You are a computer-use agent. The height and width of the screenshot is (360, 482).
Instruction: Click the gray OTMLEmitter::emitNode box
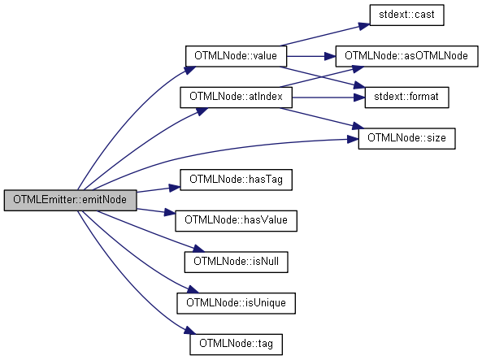70,200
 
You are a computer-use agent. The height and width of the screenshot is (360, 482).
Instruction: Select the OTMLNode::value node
236,56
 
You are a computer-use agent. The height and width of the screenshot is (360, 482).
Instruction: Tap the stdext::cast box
406,15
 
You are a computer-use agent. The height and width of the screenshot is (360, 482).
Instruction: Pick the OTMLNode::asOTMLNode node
406,56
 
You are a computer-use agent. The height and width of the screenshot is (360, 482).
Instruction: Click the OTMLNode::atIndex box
236,98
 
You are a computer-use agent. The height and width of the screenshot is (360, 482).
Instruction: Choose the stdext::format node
406,98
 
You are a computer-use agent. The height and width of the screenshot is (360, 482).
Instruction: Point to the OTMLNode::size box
406,138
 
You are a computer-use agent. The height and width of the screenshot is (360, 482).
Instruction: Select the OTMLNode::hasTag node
236,180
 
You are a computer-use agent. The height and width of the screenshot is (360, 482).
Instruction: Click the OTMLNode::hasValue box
236,221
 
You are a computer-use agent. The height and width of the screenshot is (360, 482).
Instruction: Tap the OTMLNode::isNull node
236,262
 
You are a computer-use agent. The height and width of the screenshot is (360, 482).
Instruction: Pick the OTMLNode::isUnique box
236,303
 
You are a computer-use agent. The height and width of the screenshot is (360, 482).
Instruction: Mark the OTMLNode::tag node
236,345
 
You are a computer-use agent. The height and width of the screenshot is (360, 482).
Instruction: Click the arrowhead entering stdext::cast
365,26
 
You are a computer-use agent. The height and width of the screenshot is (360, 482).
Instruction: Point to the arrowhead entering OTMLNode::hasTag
175,187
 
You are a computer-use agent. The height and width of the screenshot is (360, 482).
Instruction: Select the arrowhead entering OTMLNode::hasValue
170,212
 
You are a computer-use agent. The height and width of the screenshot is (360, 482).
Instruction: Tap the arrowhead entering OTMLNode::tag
190,331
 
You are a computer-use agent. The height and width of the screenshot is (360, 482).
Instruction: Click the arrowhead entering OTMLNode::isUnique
193,289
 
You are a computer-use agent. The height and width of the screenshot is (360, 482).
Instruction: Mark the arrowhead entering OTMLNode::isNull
198,248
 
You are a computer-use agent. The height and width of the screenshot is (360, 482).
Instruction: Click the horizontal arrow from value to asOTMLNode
311,56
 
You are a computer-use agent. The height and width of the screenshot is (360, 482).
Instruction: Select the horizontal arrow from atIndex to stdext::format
328,98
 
